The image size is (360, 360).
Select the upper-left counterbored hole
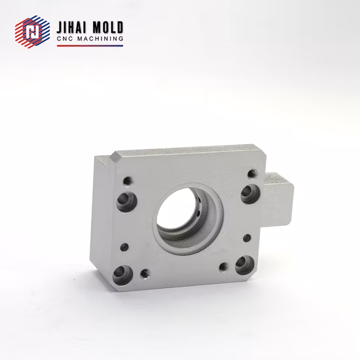pyautogui.click(x=124, y=201)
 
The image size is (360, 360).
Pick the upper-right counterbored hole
pyautogui.click(x=249, y=193)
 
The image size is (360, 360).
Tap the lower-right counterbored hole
pyautogui.click(x=245, y=264)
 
